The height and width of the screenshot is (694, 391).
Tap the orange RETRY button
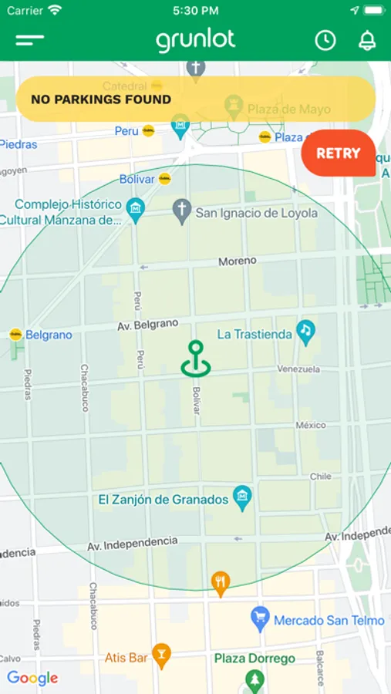click(338, 153)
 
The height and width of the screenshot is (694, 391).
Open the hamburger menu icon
click(30, 40)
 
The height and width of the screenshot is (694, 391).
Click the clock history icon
click(325, 41)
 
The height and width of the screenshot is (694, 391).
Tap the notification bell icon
click(367, 41)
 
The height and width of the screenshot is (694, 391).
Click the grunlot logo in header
click(196, 40)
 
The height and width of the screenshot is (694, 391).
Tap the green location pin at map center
click(196, 359)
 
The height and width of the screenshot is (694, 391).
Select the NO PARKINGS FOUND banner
click(195, 99)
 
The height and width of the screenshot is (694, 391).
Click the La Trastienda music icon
click(306, 331)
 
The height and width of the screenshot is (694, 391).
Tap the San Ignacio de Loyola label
click(256, 213)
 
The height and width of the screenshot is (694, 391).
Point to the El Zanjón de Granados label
click(163, 500)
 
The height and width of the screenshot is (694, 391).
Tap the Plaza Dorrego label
click(254, 659)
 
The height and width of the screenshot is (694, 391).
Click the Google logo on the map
click(32, 678)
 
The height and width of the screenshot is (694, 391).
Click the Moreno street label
click(237, 261)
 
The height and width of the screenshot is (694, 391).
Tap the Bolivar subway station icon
click(164, 179)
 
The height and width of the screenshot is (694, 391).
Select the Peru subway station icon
click(148, 131)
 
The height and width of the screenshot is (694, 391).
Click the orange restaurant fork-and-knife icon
click(221, 583)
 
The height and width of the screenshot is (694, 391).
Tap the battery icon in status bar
click(373, 11)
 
